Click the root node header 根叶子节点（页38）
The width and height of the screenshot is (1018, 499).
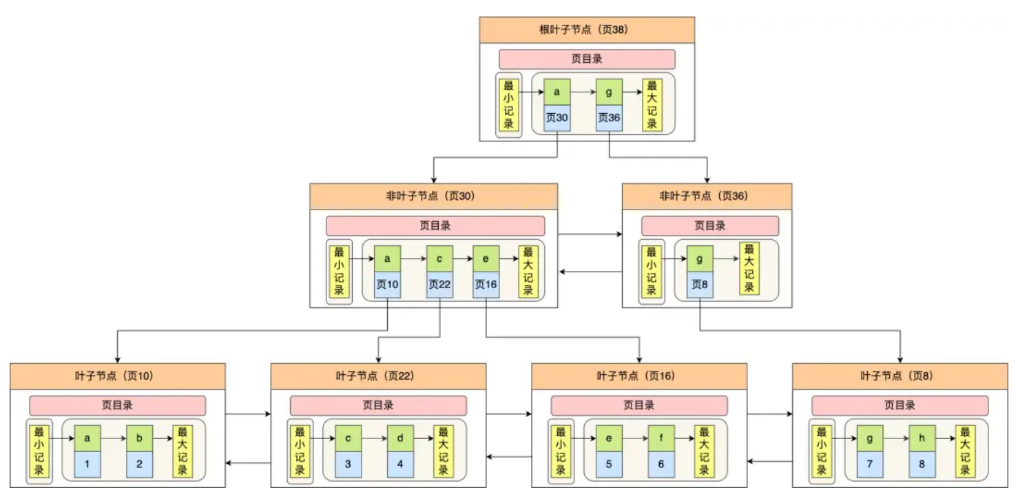coord(587,30)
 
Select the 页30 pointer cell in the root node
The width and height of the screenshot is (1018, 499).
coord(557,118)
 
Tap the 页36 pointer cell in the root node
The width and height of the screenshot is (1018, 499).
coord(609,118)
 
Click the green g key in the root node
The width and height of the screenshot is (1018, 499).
coord(609,92)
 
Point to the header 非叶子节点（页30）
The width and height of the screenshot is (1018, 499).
coord(433,196)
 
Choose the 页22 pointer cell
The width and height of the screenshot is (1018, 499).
coord(439,285)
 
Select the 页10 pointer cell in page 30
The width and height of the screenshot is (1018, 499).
coord(387,285)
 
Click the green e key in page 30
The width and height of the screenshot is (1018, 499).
coord(486,259)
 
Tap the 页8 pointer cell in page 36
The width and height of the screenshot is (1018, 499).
coord(700,285)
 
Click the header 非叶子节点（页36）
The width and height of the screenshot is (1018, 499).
coord(707,196)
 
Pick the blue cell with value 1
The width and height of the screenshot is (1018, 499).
coord(87,464)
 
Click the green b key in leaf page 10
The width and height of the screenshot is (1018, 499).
coord(140,438)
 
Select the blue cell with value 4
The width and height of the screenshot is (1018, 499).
coord(400,464)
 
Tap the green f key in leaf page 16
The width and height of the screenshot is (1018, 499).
coord(661,438)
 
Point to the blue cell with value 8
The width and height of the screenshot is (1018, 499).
coord(922,464)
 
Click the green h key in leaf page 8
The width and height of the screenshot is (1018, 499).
coord(922,438)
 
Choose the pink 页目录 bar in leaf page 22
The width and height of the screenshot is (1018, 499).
coord(378,405)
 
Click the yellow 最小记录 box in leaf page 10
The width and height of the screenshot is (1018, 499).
coord(39,451)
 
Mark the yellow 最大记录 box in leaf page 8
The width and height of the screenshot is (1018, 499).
coord(965,451)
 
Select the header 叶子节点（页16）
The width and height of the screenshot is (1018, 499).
coord(639,376)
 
